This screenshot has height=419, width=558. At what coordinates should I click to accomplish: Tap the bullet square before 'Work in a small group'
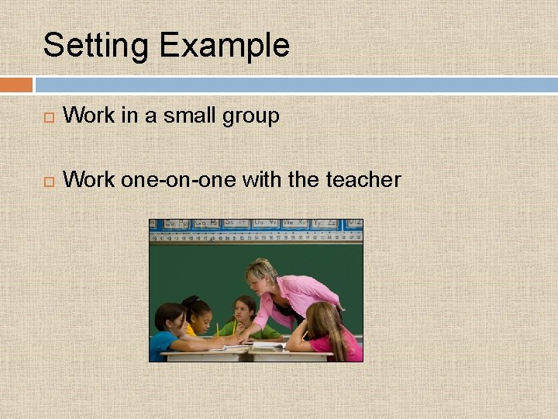click(48, 118)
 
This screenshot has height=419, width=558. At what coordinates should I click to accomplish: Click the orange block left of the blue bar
click(15, 85)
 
